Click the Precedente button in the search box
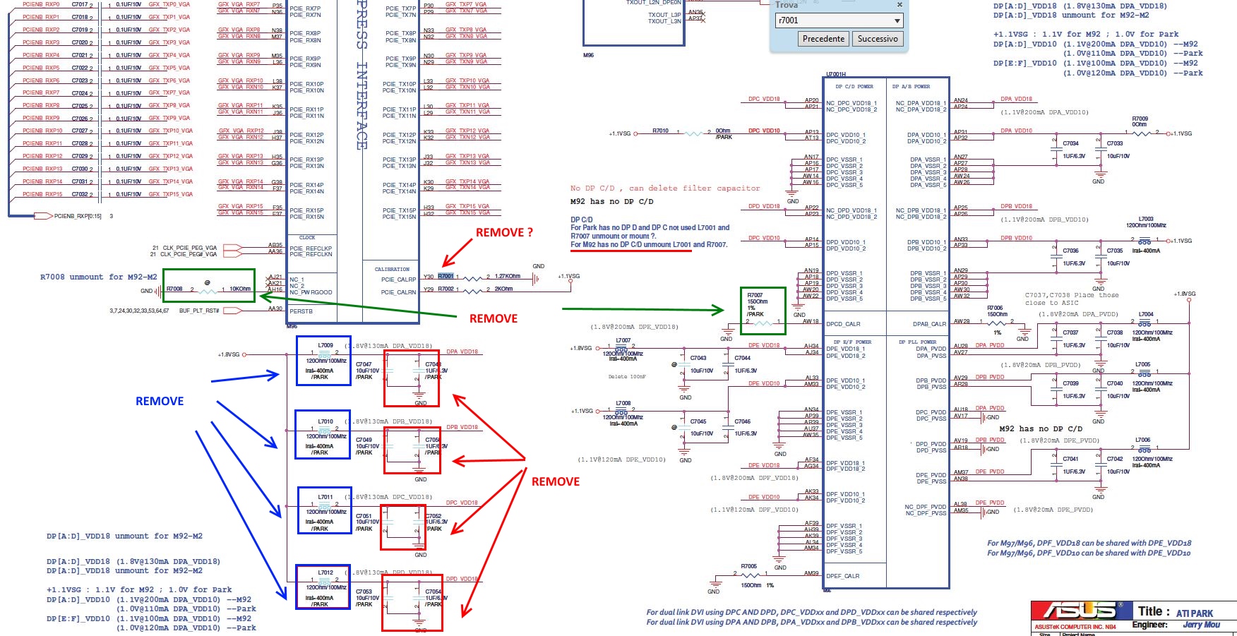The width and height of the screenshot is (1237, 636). [x=823, y=39]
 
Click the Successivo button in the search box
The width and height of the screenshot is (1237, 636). [x=878, y=39]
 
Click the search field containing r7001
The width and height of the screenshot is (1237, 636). [x=832, y=20]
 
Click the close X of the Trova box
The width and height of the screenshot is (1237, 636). [x=900, y=5]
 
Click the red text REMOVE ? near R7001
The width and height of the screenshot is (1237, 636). [x=504, y=232]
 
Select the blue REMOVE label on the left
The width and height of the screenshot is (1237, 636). [x=160, y=401]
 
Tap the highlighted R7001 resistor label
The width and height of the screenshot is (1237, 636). [x=446, y=276]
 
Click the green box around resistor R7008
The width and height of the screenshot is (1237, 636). [x=209, y=285]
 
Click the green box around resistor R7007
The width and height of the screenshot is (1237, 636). [x=763, y=311]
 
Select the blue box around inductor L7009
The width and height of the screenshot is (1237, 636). [x=323, y=361]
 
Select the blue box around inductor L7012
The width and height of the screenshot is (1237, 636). [x=323, y=587]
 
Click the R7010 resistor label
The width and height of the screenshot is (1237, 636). [x=660, y=131]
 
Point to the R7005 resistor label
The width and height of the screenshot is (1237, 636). [x=748, y=566]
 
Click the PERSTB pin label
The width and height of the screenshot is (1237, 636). [x=301, y=311]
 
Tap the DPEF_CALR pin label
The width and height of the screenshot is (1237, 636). [x=843, y=576]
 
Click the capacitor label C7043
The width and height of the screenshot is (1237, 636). [x=698, y=358]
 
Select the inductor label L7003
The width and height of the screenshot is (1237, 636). [x=1145, y=219]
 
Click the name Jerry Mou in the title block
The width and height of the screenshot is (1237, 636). [x=1201, y=625]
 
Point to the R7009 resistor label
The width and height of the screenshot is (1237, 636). [x=1140, y=119]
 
